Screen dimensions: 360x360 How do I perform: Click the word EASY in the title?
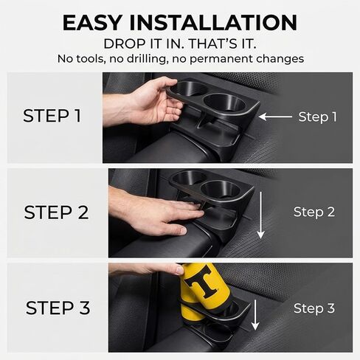coord(92,23)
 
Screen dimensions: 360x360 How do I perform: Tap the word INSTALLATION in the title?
coord(213,23)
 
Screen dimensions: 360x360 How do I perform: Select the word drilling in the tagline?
coord(147,59)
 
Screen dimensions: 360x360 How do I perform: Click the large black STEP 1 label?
coord(52,116)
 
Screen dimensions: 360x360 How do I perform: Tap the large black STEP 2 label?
coord(56,212)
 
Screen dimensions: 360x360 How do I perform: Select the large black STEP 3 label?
coord(58,308)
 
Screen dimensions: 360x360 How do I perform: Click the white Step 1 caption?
coord(317,117)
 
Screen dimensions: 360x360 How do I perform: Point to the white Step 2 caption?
coord(314,212)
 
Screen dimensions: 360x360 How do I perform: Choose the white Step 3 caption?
coord(314,308)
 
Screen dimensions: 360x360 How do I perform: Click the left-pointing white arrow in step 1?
coord(275,117)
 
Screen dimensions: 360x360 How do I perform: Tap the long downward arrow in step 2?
coord(261,215)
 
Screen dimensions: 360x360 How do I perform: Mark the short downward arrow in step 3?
coord(255,315)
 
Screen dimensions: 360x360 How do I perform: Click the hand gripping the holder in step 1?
coord(148,101)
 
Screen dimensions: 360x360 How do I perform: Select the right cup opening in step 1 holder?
coord(224,103)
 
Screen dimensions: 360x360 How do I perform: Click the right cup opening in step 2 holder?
coord(221,189)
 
